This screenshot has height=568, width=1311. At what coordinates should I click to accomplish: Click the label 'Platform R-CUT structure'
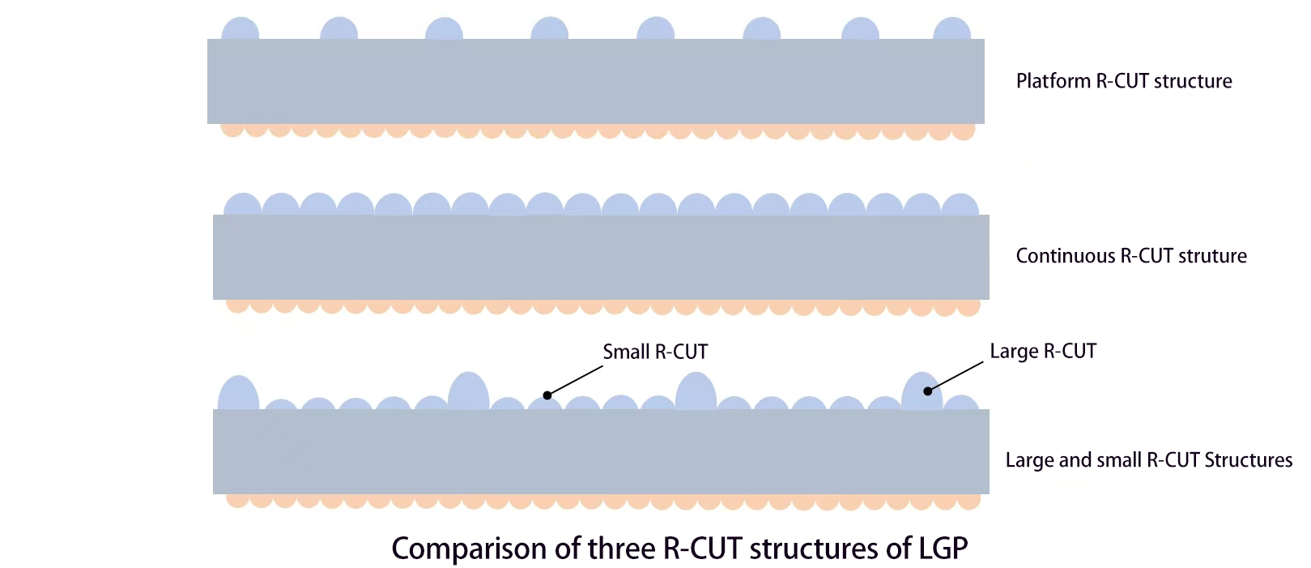(x=1123, y=81)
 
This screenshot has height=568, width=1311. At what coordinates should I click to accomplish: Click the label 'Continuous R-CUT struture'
(x=1130, y=256)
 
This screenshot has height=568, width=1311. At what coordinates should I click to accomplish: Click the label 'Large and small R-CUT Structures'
(x=1148, y=460)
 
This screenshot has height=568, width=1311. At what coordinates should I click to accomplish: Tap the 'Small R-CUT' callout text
(x=655, y=352)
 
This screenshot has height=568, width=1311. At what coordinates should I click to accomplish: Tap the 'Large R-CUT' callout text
(x=1043, y=351)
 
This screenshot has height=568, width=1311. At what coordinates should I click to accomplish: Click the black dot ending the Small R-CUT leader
(x=547, y=395)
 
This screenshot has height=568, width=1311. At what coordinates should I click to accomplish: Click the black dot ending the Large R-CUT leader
(x=928, y=391)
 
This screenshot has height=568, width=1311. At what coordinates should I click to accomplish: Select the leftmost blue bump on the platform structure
(x=240, y=30)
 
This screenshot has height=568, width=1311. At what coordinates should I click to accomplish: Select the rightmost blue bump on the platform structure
(x=951, y=30)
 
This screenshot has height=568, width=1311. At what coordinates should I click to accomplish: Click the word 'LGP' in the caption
(x=943, y=549)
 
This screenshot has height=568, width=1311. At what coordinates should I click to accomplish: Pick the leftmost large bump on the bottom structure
(x=238, y=395)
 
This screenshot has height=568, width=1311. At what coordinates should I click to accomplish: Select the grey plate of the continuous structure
(x=600, y=257)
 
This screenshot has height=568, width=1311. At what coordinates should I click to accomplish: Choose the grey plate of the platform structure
(x=595, y=81)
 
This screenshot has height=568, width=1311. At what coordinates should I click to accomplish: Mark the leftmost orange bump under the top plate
(x=232, y=129)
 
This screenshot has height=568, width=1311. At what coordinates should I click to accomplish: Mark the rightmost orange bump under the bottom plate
(x=968, y=500)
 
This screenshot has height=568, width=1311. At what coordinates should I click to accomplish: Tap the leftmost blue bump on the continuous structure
(x=241, y=205)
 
